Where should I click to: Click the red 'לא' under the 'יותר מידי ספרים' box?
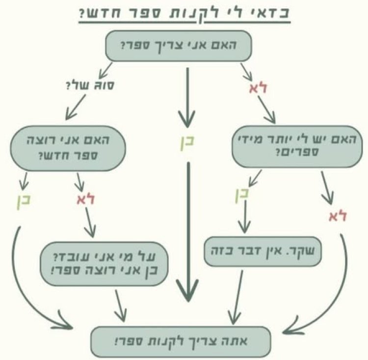(338, 215)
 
